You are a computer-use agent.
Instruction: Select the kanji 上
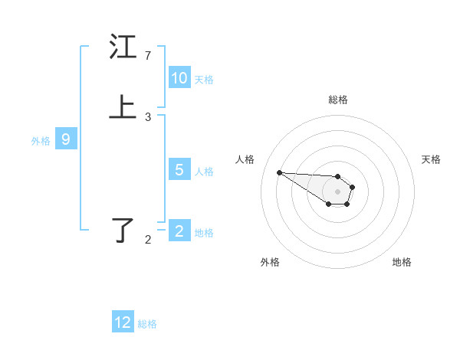coord(123,108)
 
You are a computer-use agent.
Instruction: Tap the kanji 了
coord(123,230)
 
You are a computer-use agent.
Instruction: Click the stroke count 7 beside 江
coord(148,56)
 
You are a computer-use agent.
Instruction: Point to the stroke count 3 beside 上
coord(148,117)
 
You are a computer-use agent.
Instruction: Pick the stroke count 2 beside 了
coord(148,240)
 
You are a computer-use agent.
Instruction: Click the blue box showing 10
coord(179,78)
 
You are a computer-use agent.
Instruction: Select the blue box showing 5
coord(179,170)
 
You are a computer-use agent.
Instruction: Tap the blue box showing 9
coord(66,139)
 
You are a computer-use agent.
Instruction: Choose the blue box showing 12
coord(123,322)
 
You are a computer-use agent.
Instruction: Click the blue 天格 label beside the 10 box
coord(204,80)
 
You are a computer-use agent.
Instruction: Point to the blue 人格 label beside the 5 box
coord(204,172)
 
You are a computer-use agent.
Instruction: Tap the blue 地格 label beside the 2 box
coord(204,233)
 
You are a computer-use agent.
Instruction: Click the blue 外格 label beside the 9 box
coord(41,141)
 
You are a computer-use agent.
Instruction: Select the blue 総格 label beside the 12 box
coord(147,324)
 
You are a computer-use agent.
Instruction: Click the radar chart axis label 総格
coord(338,100)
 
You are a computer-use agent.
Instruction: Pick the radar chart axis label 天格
coord(431,159)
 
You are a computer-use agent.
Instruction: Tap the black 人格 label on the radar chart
coord(245,159)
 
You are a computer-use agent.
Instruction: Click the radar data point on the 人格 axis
coord(279,172)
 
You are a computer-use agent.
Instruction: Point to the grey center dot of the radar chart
coord(337,191)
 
